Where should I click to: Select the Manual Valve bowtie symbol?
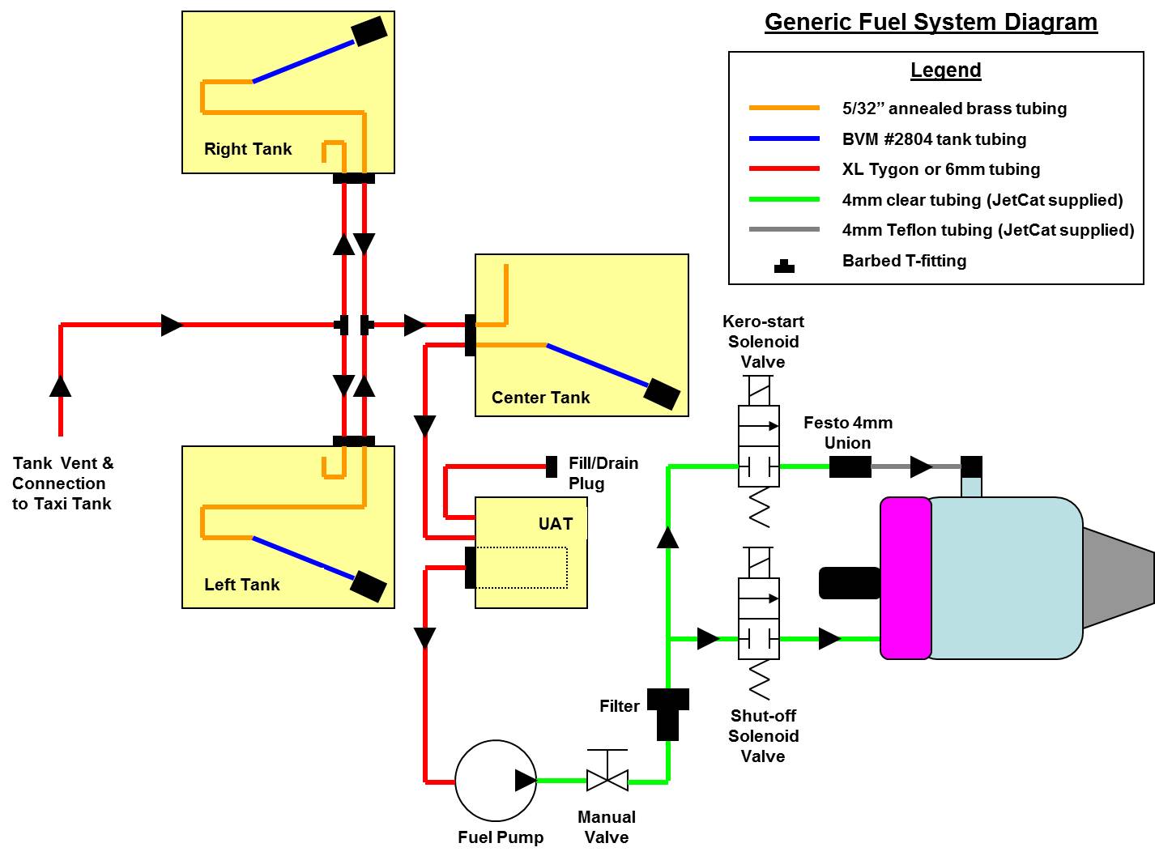(x=607, y=781)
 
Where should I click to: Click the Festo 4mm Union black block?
(x=850, y=466)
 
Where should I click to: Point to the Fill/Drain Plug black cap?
(x=552, y=466)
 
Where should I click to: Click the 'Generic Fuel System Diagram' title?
(x=931, y=22)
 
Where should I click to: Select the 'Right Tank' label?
(x=248, y=149)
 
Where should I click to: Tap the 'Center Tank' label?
(x=540, y=398)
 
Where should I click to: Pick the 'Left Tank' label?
(x=241, y=585)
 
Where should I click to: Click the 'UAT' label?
(x=556, y=524)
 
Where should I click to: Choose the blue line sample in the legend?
(x=784, y=139)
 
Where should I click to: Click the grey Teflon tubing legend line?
(x=784, y=230)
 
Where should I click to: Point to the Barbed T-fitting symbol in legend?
(x=784, y=266)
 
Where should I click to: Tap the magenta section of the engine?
(x=906, y=578)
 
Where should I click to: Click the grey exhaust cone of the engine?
(x=1118, y=577)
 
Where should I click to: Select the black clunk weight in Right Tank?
(x=369, y=32)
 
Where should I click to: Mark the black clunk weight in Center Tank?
(x=662, y=394)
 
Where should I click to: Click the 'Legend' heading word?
(x=945, y=70)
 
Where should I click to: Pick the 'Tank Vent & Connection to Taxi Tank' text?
(x=63, y=483)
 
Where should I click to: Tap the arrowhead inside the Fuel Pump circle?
(x=525, y=781)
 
